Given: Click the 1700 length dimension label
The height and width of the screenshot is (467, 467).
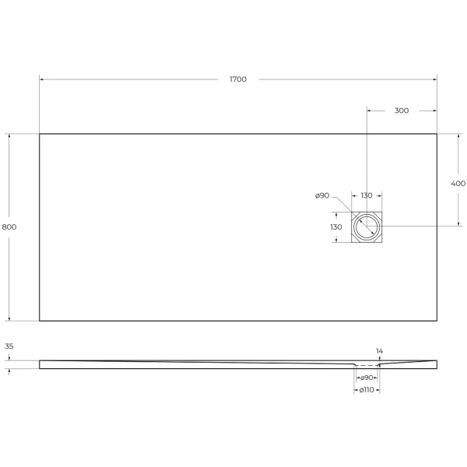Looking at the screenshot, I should coord(238,79).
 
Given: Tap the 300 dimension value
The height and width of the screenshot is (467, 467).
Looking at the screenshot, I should coord(401,111).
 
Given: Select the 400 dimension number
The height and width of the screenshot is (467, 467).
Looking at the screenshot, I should coord(458,184).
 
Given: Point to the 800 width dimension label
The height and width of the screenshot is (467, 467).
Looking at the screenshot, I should coord(9,226).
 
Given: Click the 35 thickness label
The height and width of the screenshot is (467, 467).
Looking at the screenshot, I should coord(9,346).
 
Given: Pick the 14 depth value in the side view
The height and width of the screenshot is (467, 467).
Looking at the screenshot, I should coord(379,352).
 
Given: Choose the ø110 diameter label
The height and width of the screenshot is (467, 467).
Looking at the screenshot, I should coord(366,390).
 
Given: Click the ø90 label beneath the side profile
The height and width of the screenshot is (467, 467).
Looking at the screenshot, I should coord(366,377).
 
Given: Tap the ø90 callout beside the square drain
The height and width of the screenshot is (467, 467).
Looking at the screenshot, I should coord(323,195).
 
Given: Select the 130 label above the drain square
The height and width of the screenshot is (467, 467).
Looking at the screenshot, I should coord(366,195).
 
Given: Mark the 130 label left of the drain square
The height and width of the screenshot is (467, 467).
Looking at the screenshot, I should coord(335,226).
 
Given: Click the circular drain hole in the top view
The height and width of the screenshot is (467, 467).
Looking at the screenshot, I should coord(366,226).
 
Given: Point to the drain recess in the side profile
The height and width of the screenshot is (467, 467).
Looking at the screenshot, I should coord(366,364).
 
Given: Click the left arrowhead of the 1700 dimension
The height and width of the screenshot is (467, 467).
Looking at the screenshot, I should coord(41,79).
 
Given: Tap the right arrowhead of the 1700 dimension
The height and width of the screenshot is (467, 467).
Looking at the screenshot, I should coord(434,79).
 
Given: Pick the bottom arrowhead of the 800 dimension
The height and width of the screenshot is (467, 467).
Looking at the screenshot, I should coord(9,318).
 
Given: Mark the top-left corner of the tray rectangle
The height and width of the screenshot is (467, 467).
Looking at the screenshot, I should coord(39,134).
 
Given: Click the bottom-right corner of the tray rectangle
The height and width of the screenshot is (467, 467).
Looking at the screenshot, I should coord(437,321).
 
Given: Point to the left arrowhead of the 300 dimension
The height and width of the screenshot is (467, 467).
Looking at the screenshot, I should coord(368,111).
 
